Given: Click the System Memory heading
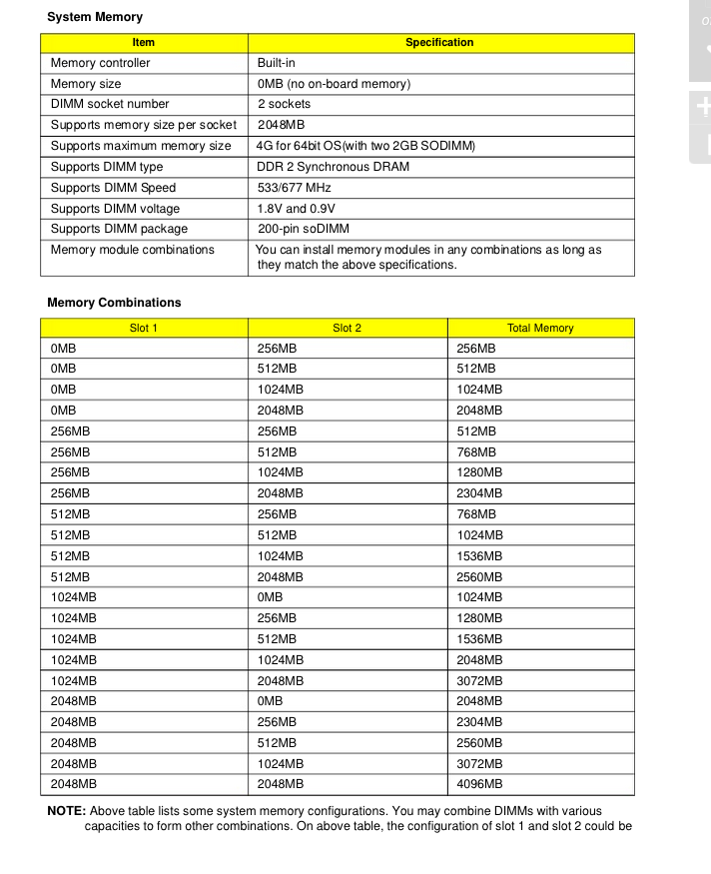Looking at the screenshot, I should pos(95,17).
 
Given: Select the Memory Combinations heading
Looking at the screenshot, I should pos(114,303).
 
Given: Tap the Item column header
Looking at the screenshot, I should pos(144,43).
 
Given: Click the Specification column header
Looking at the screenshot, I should pos(439,43).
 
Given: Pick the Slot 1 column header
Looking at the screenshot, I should pos(144,328).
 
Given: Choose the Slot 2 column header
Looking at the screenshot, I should pos(347,328).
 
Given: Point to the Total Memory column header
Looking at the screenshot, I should pos(540,328).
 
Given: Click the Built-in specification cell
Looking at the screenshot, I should pos(276,63).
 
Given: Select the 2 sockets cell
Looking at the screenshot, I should pos(284,104).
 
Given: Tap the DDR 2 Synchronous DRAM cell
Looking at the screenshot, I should pos(333,167).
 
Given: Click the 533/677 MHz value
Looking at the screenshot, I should pos(294,188).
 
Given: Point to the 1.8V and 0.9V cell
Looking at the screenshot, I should pos(297,209).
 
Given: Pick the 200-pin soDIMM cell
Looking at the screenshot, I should pos(304,230).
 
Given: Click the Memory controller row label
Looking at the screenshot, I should pos(100,63).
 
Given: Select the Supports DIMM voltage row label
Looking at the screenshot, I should pos(115,209).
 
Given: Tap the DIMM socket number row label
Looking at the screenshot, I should pos(110,104).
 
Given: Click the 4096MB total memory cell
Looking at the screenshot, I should pos(479,784).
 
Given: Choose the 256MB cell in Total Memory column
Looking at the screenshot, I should pos(476,349).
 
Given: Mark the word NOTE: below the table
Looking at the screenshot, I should pos(67,811).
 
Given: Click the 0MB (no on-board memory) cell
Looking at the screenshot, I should pos(334,84).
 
